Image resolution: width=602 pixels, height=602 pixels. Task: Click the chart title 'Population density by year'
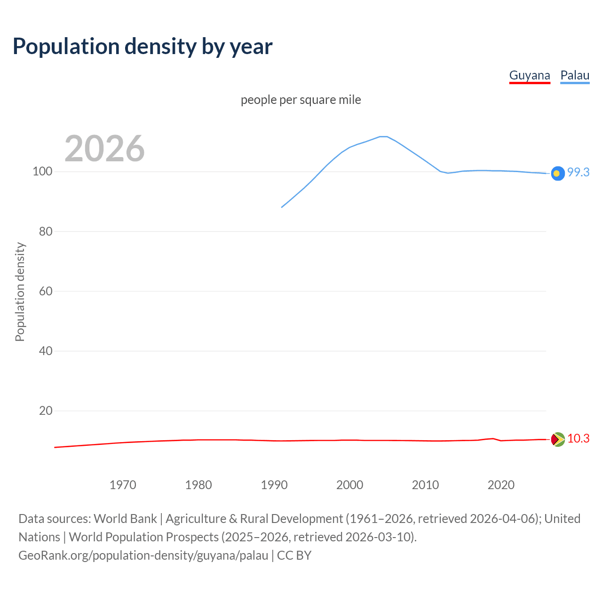pos(143,46)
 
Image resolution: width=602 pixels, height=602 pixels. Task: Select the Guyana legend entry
pos(530,75)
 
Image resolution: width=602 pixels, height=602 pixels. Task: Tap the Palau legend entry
pos(575,75)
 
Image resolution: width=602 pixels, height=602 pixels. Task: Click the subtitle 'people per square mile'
pos(301,100)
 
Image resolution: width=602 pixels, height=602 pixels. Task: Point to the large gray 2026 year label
pos(104,149)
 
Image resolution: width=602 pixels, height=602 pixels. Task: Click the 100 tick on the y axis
pos(42,171)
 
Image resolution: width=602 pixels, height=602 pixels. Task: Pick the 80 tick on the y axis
pos(45,231)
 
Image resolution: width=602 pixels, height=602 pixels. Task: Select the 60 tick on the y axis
pos(45,291)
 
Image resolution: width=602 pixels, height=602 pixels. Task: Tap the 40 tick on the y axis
pos(45,351)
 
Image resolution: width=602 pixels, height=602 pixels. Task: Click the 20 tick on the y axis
pos(45,411)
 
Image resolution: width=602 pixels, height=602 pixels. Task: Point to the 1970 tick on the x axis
pos(123,485)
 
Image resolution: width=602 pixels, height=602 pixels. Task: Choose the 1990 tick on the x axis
pos(274,485)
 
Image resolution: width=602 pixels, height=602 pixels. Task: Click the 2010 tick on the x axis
pos(425,485)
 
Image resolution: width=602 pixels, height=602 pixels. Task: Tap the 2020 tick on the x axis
pos(501,485)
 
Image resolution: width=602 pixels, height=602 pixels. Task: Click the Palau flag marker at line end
pos(557,174)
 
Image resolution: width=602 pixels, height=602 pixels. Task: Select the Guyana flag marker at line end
pos(557,439)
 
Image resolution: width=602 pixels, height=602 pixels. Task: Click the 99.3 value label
pos(578,172)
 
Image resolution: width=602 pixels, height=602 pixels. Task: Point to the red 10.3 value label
pos(578,438)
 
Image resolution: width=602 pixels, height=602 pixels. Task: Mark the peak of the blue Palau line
pos(383,136)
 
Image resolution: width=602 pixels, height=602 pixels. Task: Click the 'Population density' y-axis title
pos(20,292)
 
